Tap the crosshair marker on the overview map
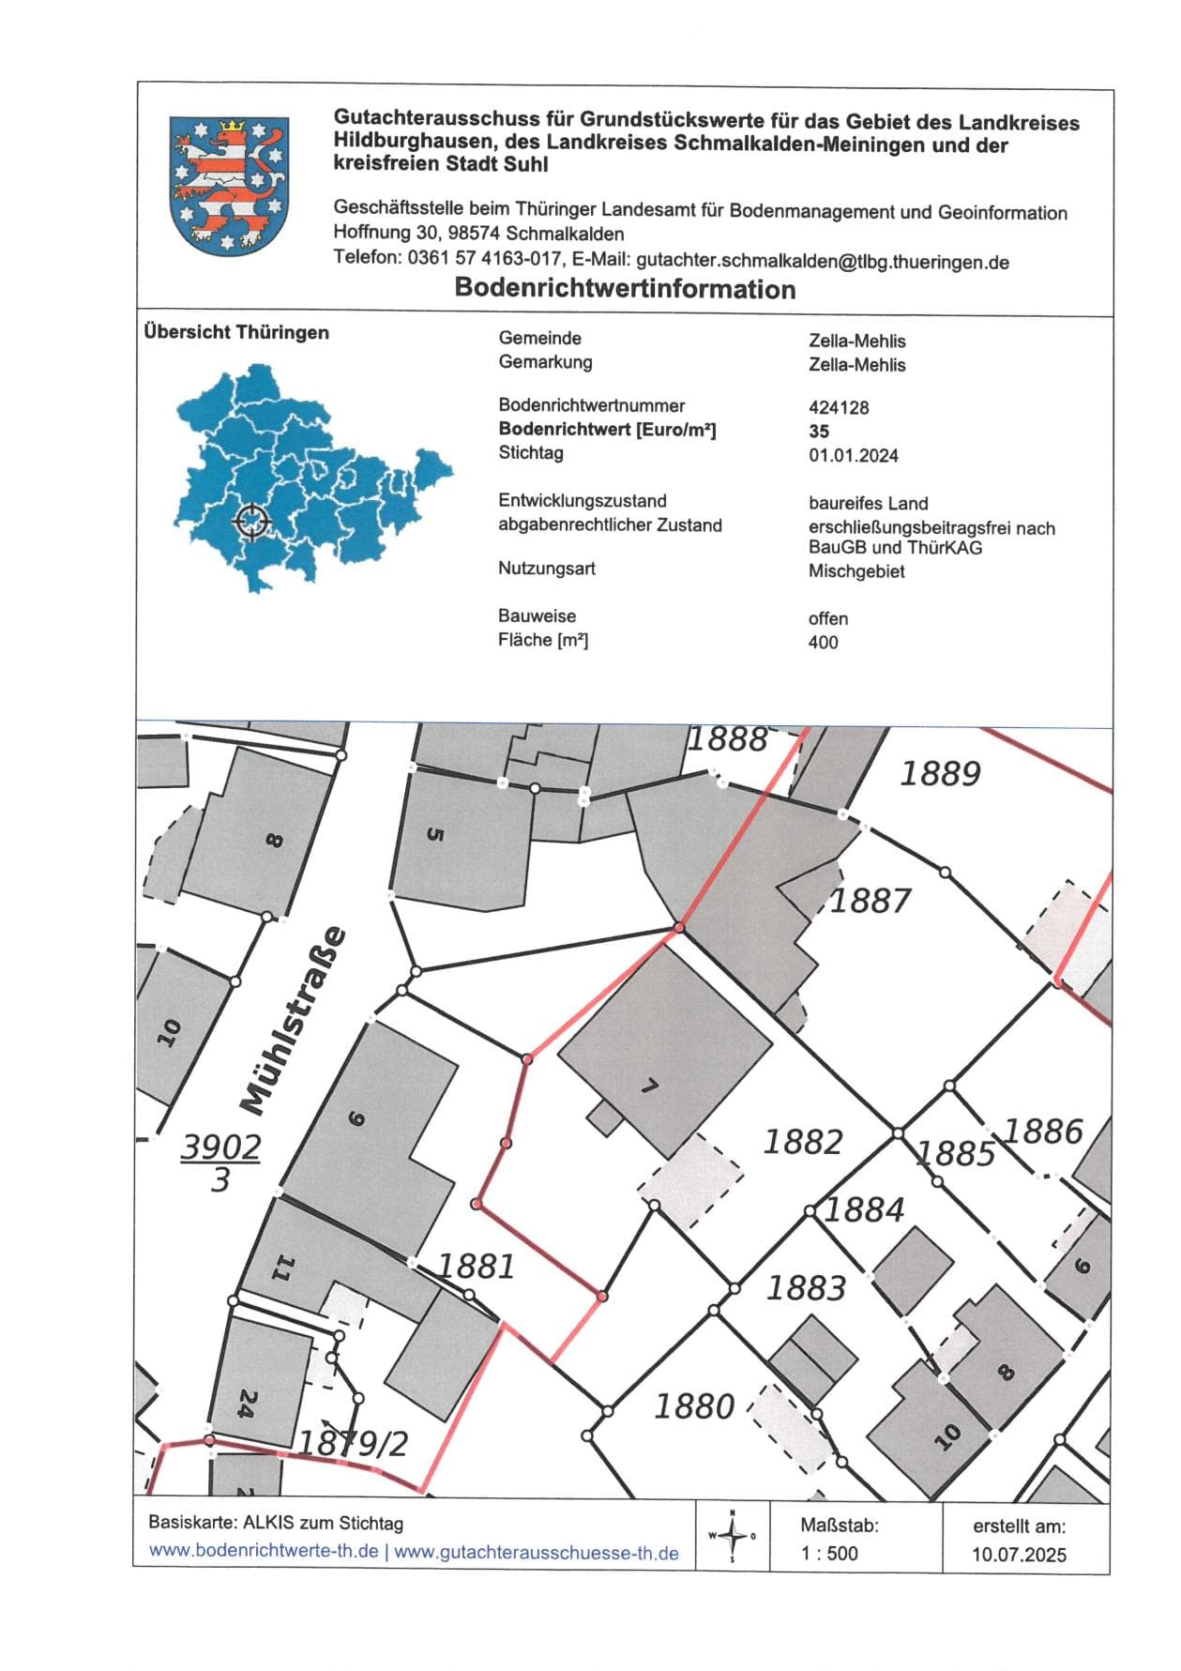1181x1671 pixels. click(x=251, y=520)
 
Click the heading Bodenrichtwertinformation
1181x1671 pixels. click(x=625, y=289)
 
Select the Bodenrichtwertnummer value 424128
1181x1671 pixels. click(x=839, y=407)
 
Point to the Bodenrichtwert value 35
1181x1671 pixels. click(x=819, y=432)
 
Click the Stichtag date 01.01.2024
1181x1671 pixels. click(x=854, y=456)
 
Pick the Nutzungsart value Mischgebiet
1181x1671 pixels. click(x=856, y=571)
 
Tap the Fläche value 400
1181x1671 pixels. click(x=823, y=643)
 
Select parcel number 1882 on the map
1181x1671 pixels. click(x=803, y=1142)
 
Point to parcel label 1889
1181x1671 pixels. click(x=940, y=774)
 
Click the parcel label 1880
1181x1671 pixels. click(x=694, y=1406)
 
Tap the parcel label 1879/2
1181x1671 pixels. click(x=354, y=1442)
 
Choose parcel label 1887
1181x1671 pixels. click(x=870, y=901)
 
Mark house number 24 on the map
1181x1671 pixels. click(x=246, y=1404)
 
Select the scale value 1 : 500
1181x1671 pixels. click(x=829, y=1553)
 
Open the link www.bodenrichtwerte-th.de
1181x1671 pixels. click(x=264, y=1551)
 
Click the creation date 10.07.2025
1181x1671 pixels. click(x=1019, y=1555)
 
